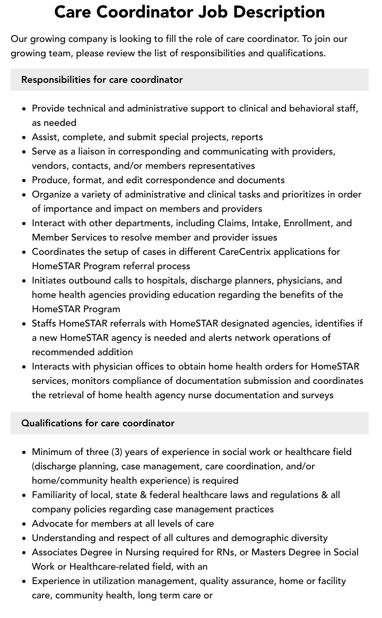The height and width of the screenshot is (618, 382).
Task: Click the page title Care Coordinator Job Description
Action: pos(189,12)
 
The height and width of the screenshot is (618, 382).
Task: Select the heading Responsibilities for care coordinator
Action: pos(102,80)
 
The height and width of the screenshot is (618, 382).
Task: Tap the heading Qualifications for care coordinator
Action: pos(98,423)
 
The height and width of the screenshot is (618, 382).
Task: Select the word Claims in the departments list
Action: pos(232,223)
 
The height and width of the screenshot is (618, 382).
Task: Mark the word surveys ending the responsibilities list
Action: pos(315,395)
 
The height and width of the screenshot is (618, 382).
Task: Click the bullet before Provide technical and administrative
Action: pos(24,109)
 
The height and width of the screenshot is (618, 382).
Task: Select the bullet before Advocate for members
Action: pos(24,524)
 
